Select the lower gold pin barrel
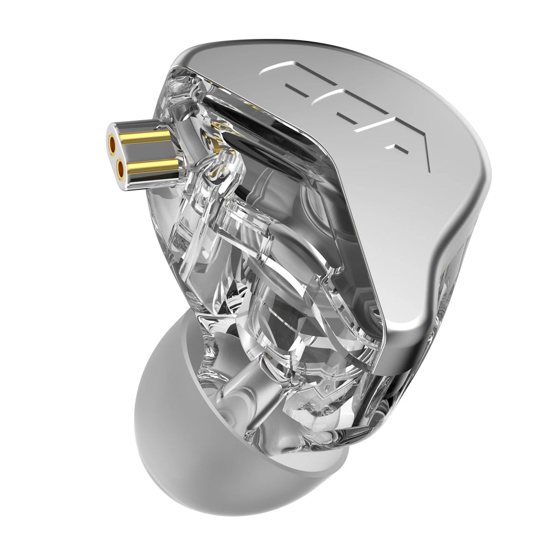[x=151, y=165]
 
